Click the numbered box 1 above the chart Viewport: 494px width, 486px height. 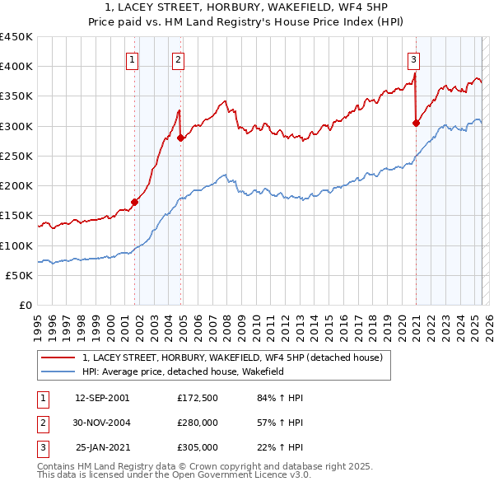(133, 58)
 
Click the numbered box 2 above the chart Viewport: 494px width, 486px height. (179, 58)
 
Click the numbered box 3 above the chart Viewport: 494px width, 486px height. (413, 58)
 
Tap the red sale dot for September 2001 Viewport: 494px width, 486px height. (134, 202)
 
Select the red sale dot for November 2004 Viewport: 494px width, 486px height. (181, 138)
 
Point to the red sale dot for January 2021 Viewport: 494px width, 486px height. (416, 123)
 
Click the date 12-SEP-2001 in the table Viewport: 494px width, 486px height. (102, 398)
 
